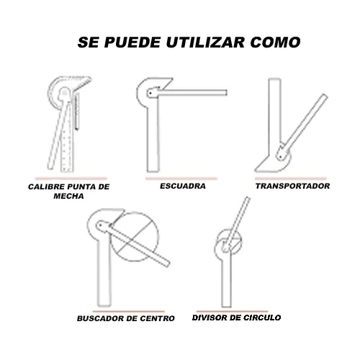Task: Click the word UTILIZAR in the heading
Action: click(x=205, y=42)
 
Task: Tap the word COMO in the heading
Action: click(x=275, y=42)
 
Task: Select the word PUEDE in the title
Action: click(x=132, y=42)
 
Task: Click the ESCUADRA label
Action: click(x=183, y=186)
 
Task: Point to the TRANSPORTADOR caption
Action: click(x=292, y=186)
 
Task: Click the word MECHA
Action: click(x=68, y=196)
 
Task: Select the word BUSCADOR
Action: click(x=100, y=318)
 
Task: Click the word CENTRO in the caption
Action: click(x=157, y=318)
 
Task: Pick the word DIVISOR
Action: click(x=210, y=318)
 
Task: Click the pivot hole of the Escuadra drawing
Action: click(x=150, y=93)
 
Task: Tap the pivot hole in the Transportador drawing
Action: click(x=280, y=158)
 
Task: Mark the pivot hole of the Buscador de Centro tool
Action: click(x=100, y=225)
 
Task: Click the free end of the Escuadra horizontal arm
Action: click(x=227, y=93)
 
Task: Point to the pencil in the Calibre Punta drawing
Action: click(x=77, y=112)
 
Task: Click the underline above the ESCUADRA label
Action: click(x=181, y=179)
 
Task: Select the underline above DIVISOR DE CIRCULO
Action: click(x=232, y=311)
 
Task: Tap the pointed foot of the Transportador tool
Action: click(x=256, y=171)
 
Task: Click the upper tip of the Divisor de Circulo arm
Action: click(x=248, y=197)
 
